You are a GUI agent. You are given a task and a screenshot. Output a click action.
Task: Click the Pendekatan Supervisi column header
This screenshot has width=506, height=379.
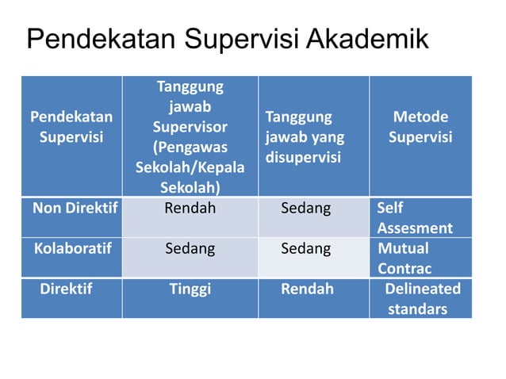tap(71, 127)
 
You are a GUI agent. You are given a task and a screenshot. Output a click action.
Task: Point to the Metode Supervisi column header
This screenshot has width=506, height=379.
tap(420, 127)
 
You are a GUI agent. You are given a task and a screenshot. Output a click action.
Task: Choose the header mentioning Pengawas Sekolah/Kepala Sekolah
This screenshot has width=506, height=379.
tap(190, 136)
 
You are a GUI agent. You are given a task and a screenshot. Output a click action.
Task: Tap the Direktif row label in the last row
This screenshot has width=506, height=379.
tap(66, 288)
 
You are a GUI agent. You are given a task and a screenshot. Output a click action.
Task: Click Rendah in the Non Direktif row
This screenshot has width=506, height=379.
tap(190, 209)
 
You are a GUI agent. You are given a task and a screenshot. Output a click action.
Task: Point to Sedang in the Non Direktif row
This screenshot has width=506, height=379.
tap(306, 209)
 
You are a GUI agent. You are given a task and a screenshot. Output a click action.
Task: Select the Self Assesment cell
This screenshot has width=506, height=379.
tap(415, 219)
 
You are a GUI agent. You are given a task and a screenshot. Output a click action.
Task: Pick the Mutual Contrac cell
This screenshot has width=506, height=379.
tap(404, 258)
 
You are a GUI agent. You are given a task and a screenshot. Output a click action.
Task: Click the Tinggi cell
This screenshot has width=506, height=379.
tap(190, 288)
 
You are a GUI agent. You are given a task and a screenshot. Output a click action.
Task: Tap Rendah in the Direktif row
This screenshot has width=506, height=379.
tap(307, 288)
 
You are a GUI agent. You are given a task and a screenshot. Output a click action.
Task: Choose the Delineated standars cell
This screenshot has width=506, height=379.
tap(422, 297)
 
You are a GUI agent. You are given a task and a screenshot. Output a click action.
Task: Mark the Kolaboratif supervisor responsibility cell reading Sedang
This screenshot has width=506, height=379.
tap(190, 248)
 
